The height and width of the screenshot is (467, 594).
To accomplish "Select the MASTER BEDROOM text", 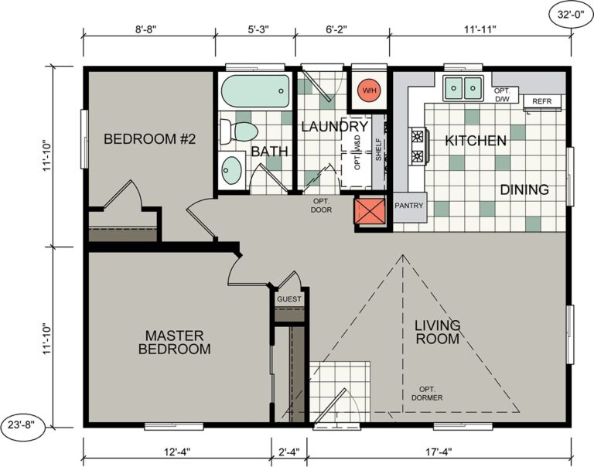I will (x=174, y=342).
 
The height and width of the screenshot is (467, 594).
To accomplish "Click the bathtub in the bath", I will (x=253, y=94).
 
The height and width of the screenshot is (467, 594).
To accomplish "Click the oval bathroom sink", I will (x=230, y=169).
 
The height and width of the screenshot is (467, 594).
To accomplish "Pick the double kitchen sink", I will (x=463, y=87).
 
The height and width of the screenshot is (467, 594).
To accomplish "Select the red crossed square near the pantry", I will (x=370, y=212).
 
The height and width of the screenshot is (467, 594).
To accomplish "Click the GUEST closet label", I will (x=289, y=299).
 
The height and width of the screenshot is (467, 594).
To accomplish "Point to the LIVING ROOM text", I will (x=437, y=331).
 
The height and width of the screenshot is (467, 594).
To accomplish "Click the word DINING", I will (x=524, y=189).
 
